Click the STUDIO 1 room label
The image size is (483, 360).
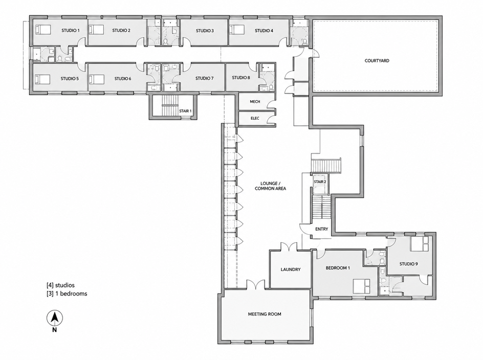tap(71, 30)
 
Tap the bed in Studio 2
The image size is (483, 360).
tap(96, 30)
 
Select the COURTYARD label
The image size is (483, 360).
tap(377, 61)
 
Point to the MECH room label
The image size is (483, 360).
tap(255, 102)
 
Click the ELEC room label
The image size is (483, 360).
tap(255, 118)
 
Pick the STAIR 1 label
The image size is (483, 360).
tap(185, 111)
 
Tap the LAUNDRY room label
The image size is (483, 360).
tap(291, 269)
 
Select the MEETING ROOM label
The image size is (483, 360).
tap(265, 314)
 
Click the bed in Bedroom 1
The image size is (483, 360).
tap(361, 286)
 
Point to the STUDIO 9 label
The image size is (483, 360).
tap(408, 264)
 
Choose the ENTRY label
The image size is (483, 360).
tap(322, 229)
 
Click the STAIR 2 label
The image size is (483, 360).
tap(320, 182)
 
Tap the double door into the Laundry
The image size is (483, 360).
tap(289, 246)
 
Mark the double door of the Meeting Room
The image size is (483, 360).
tap(256, 284)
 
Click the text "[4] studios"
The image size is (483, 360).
tap(60, 285)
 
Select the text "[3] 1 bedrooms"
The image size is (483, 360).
tap(67, 294)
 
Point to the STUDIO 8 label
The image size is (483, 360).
tap(241, 78)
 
